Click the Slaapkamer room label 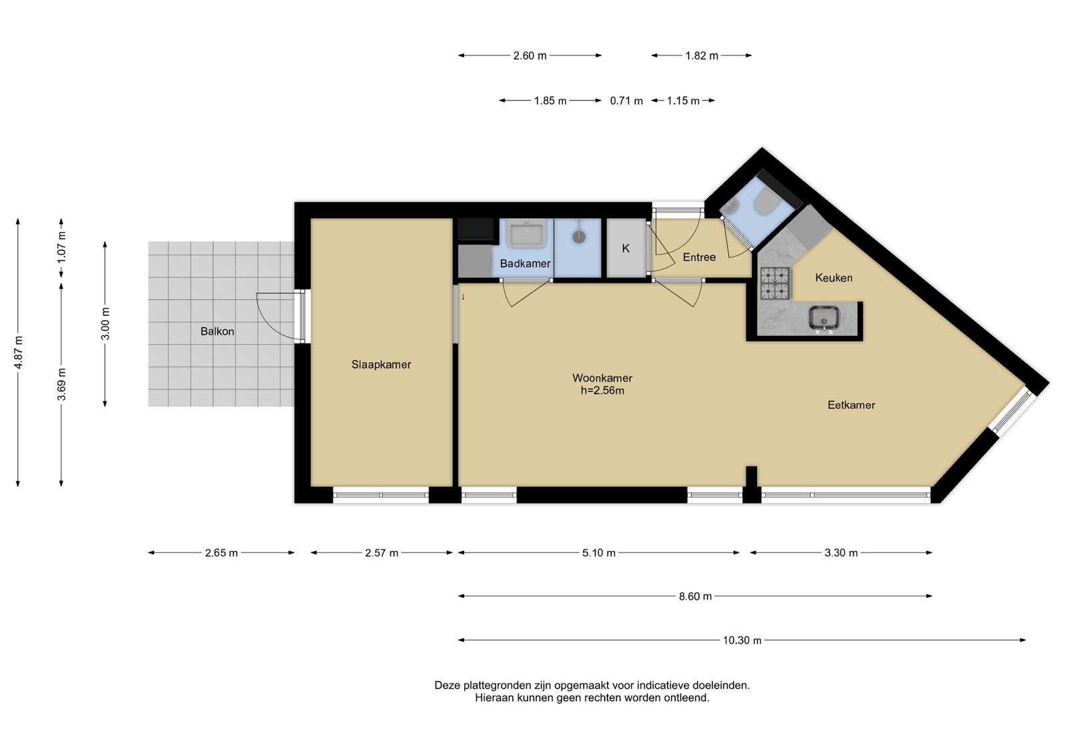381,364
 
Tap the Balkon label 217,331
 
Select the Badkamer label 525,263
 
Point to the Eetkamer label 851,405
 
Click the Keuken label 834,277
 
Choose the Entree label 700,257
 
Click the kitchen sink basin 824,318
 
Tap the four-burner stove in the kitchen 775,283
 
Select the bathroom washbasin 526,233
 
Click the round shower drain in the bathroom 579,236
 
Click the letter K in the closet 626,248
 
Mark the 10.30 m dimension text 742,640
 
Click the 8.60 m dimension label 696,596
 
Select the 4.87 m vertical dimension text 18,352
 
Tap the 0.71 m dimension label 626,101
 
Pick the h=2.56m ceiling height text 603,391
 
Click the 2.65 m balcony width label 221,553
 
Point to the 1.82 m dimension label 702,56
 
